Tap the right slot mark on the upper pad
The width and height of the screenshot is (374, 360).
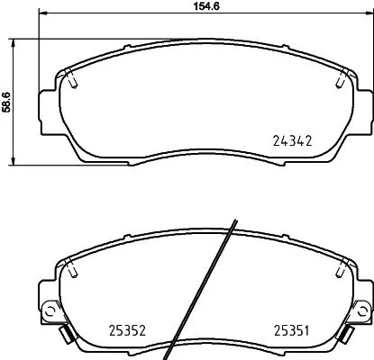(x=339, y=81)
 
